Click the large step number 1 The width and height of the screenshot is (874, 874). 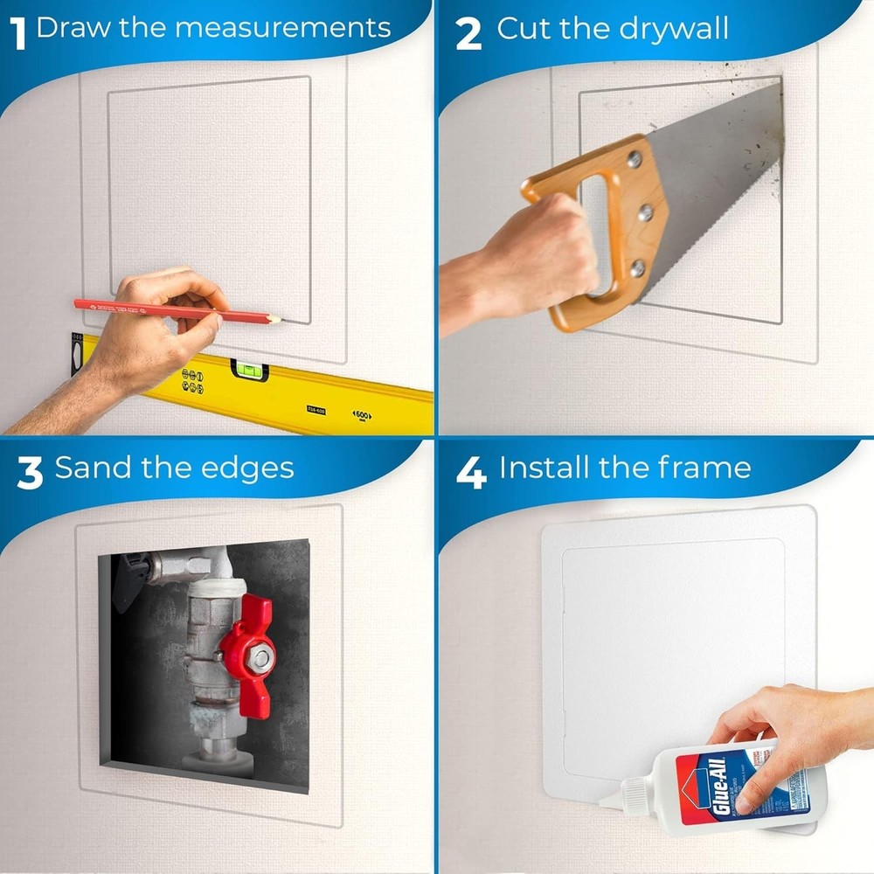(x=17, y=32)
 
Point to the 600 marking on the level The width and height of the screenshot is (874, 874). (x=362, y=416)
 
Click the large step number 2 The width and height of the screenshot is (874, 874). (x=468, y=34)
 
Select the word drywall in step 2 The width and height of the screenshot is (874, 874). (x=673, y=29)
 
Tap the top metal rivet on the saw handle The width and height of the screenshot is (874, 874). (x=634, y=160)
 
